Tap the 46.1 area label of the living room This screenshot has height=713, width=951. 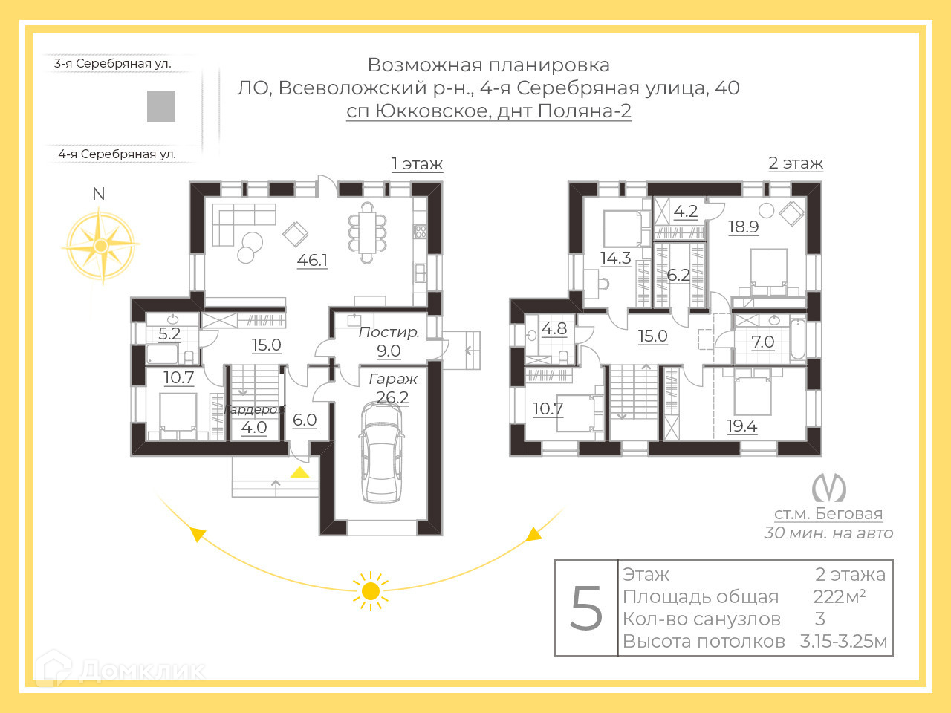[312, 261]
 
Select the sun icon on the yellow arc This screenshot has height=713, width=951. [370, 591]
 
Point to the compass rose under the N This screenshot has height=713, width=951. [100, 245]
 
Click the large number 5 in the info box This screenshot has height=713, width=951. [586, 608]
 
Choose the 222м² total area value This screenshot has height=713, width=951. [839, 596]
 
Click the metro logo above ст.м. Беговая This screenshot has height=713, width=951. [828, 487]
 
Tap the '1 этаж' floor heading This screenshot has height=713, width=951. [417, 164]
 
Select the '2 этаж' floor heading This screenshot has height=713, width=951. [795, 163]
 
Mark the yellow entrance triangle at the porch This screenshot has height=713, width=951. [299, 472]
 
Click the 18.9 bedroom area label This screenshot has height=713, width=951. [743, 227]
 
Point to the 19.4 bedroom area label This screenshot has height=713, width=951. [741, 426]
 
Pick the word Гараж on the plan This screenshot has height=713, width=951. [393, 379]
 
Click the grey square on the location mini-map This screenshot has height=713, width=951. [161, 106]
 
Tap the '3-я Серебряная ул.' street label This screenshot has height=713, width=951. [113, 64]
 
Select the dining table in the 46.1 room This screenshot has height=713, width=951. [367, 232]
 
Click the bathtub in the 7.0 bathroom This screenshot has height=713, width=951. [797, 339]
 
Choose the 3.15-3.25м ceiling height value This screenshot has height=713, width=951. [843, 642]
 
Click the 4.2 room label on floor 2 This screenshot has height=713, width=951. [685, 212]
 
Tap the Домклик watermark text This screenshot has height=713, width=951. [141, 670]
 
